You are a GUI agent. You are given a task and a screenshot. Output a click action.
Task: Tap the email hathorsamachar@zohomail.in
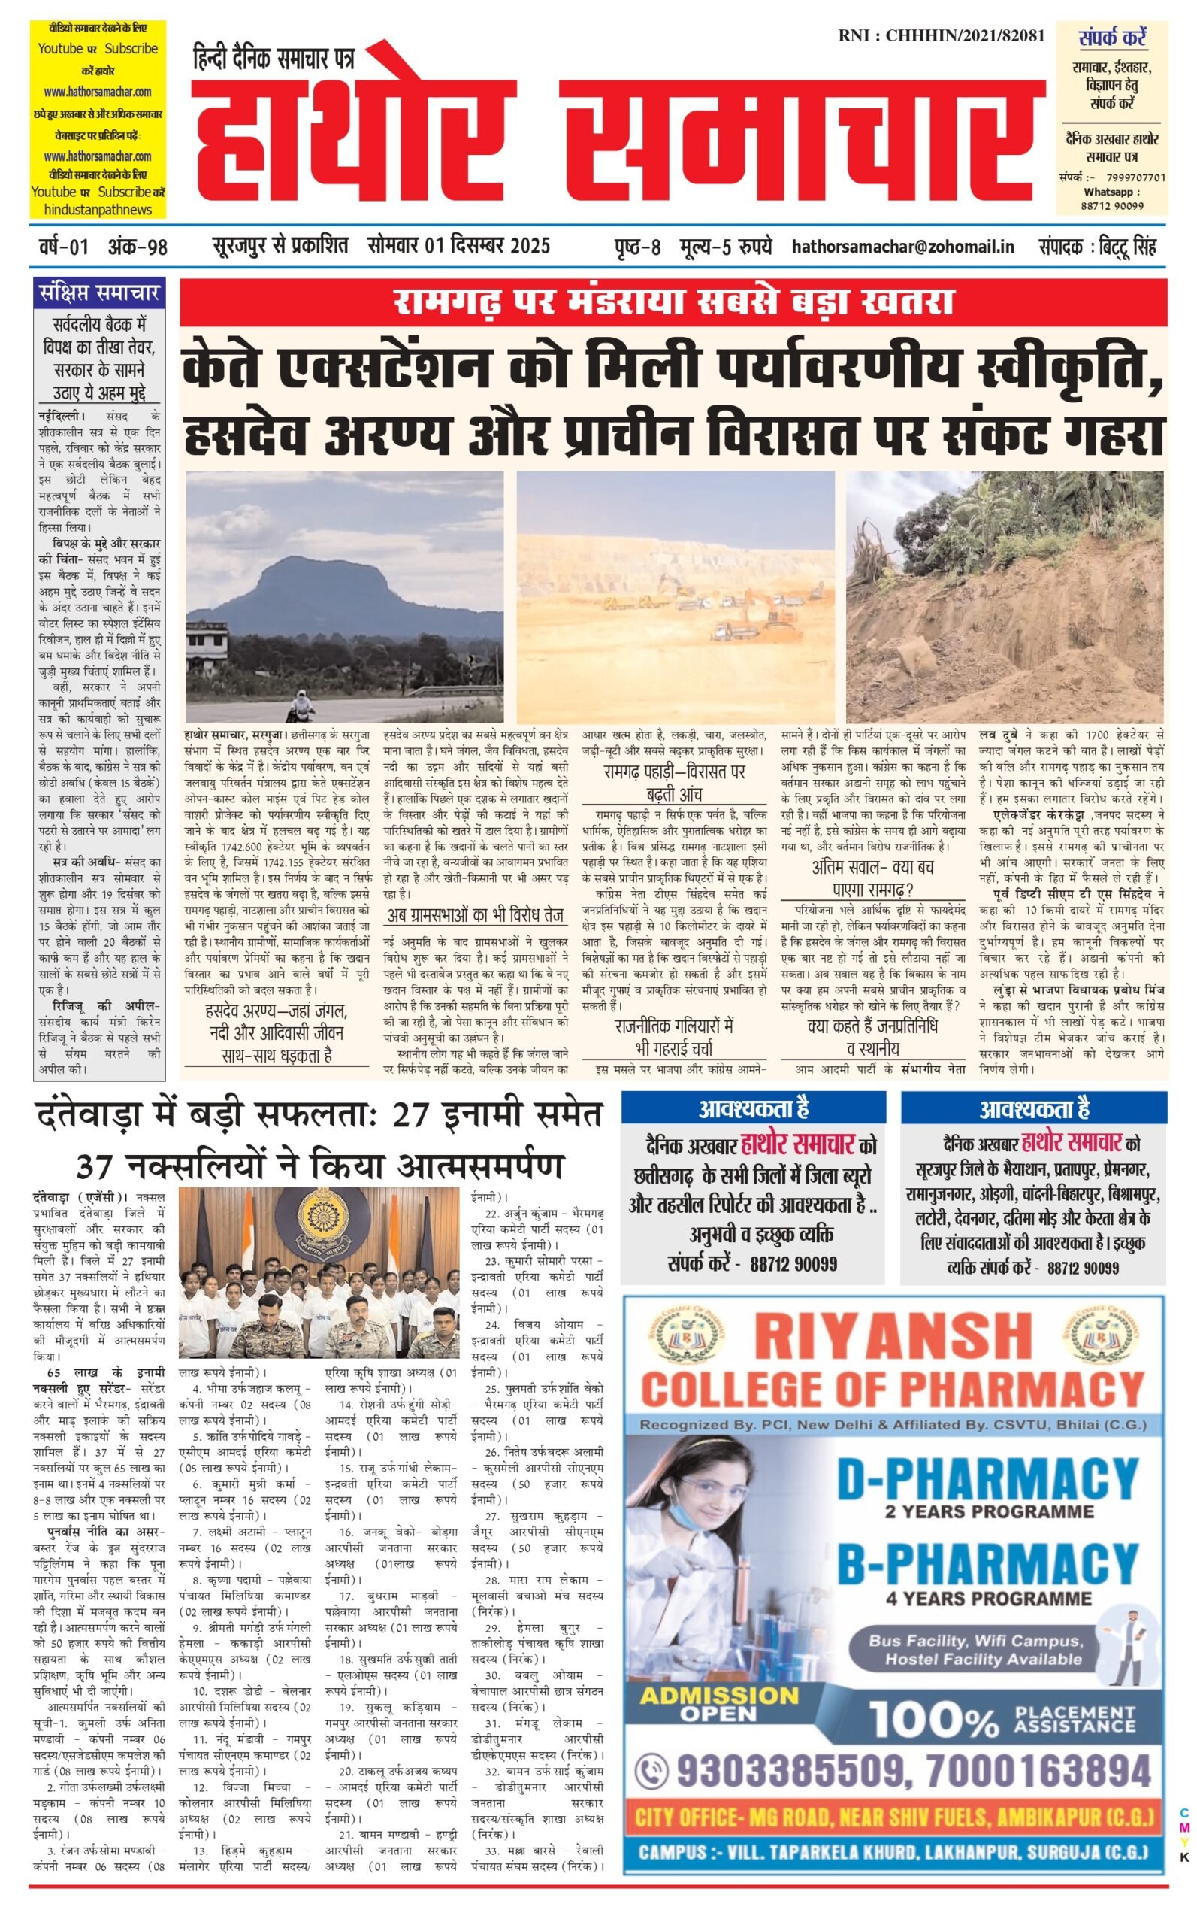[902, 247]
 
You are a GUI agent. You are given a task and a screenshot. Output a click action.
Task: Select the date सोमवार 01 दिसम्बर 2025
[458, 246]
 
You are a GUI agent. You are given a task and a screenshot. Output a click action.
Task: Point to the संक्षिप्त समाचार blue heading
[99, 293]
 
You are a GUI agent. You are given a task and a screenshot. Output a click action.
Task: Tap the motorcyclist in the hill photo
[302, 704]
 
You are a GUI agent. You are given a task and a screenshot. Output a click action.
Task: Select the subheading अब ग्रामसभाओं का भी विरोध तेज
[475, 916]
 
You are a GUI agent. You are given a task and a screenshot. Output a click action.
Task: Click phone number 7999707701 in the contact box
[1135, 177]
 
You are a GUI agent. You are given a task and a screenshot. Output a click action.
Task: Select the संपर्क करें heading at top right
[1112, 38]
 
